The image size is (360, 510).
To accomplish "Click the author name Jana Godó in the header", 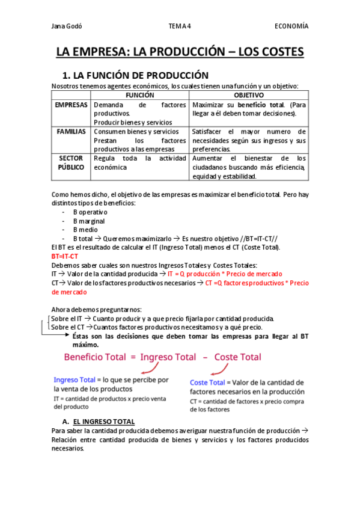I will click(x=67, y=26).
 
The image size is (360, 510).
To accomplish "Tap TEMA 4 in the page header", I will click(x=180, y=26).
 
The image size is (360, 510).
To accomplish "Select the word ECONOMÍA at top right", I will click(x=291, y=26).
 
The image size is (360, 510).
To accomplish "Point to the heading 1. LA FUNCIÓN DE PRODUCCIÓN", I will click(x=135, y=75).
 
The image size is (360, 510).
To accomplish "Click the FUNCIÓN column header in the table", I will click(x=139, y=95).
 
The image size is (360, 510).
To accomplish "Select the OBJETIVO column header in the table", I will click(x=249, y=95).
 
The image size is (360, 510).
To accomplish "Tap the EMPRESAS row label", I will click(x=71, y=105).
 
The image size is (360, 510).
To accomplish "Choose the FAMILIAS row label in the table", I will click(x=71, y=131).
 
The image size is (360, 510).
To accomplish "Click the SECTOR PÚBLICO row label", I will click(x=71, y=162).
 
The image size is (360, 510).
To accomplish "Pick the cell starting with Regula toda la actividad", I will click(x=139, y=162).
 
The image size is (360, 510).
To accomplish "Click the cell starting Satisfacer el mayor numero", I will click(x=249, y=140).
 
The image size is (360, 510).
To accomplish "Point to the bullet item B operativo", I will click(x=90, y=212).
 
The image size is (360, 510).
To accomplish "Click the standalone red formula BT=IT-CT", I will click(x=65, y=256).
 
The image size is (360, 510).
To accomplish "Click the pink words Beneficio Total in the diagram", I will click(x=95, y=357).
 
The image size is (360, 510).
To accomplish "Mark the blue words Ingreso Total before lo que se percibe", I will click(x=75, y=380).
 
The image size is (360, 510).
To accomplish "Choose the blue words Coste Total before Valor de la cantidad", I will click(x=207, y=382).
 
